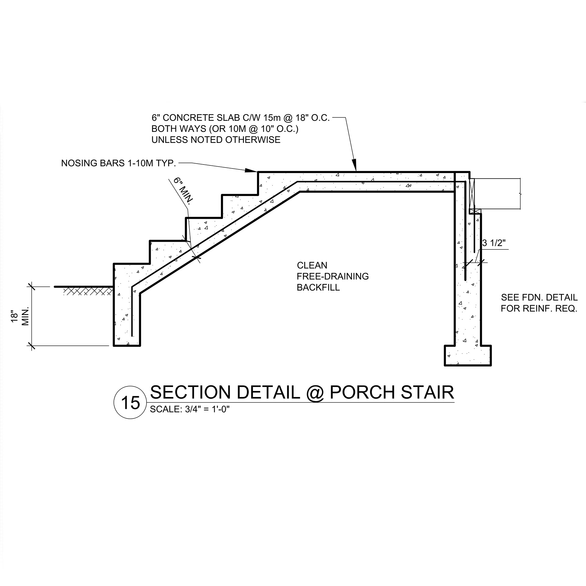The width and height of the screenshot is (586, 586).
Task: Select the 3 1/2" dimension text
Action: coord(494,243)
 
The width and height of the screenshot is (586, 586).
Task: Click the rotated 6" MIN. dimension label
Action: coord(183,191)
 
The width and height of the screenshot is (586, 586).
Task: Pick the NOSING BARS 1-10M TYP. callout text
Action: coord(118,163)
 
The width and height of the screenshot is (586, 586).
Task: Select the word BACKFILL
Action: coord(318,288)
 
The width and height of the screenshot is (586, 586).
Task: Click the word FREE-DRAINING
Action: coord(333,277)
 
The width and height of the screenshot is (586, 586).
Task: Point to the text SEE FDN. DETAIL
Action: coord(539,297)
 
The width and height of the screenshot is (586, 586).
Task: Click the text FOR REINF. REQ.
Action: coord(539,308)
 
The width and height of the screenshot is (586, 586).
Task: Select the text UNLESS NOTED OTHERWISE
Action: coord(216,140)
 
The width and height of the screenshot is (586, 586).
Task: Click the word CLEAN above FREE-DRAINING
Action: coord(312,265)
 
